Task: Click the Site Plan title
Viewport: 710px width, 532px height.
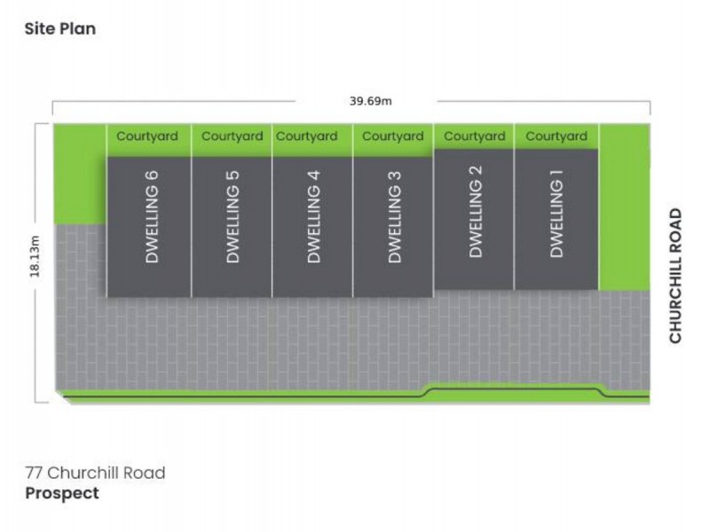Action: pyautogui.click(x=59, y=28)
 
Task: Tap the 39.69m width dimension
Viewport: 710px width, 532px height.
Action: pyautogui.click(x=371, y=100)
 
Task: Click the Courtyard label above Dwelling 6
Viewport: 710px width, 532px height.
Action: pyautogui.click(x=147, y=137)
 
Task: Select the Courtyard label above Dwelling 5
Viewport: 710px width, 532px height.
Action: pyautogui.click(x=232, y=137)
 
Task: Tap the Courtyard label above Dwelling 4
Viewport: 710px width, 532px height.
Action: pyautogui.click(x=306, y=137)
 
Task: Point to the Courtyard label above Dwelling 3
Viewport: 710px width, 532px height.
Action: pyautogui.click(x=392, y=137)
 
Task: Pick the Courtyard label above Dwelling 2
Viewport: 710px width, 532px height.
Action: pyautogui.click(x=474, y=137)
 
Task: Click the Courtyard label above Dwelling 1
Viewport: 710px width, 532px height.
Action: pyautogui.click(x=556, y=137)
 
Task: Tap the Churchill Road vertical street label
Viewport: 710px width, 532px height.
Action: pyautogui.click(x=676, y=276)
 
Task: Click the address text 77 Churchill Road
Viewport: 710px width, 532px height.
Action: pyautogui.click(x=94, y=473)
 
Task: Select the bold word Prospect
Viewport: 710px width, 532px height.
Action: pyautogui.click(x=61, y=493)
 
